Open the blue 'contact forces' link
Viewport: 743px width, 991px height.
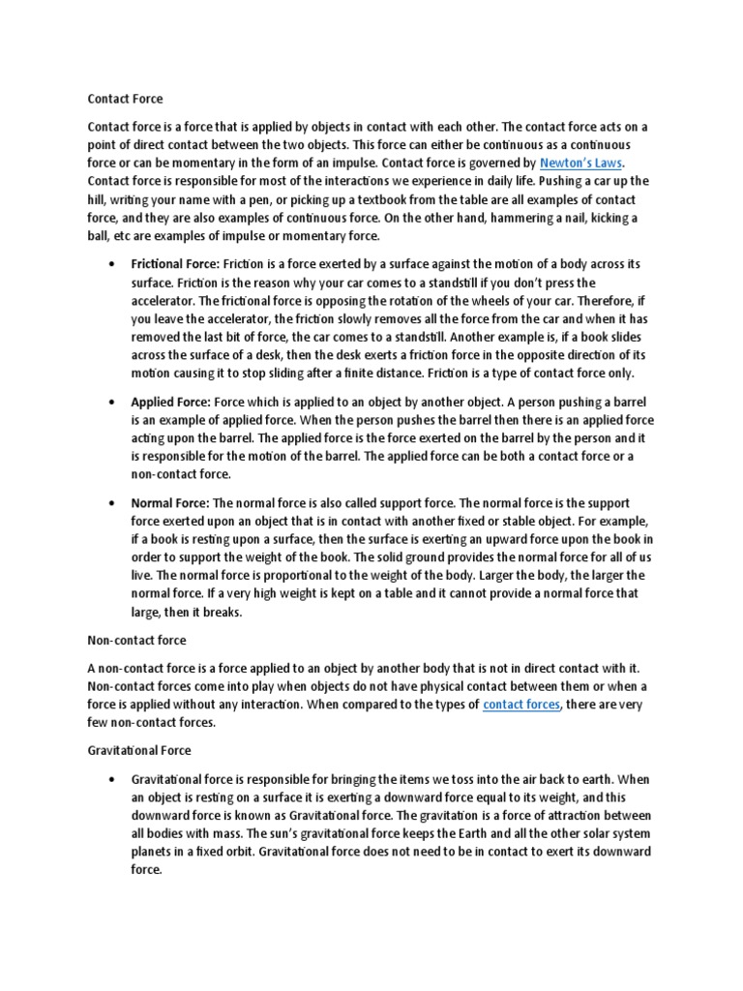(521, 705)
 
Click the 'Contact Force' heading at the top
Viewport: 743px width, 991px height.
(126, 99)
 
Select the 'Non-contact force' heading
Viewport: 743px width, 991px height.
(137, 641)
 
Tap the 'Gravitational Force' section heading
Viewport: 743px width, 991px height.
(139, 750)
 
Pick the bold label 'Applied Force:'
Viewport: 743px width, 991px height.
(170, 402)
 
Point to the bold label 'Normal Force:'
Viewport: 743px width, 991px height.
(170, 503)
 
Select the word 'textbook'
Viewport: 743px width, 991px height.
(436, 199)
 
